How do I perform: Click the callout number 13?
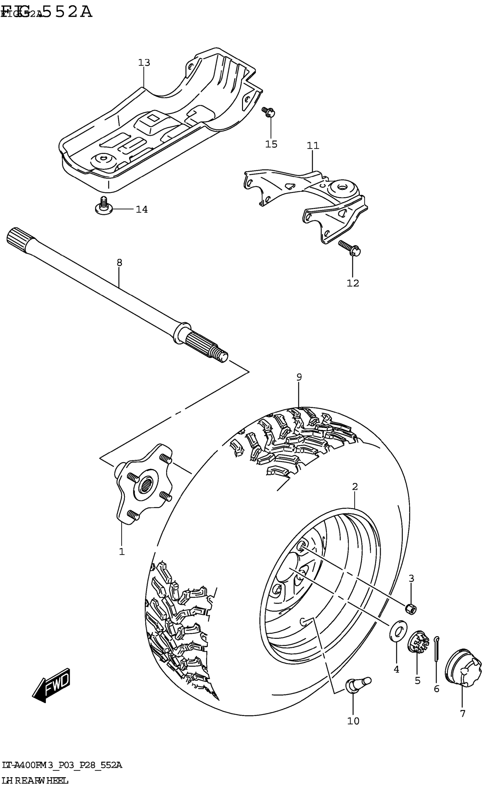pos(144,62)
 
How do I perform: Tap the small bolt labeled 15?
pos(269,112)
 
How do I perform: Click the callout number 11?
pos(313,146)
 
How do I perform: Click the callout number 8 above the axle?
pos(119,263)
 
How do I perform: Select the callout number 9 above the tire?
pos(299,377)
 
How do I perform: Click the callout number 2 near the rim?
pos(355,487)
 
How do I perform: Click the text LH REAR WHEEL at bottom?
pos(35,781)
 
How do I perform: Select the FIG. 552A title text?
pos(48,12)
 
